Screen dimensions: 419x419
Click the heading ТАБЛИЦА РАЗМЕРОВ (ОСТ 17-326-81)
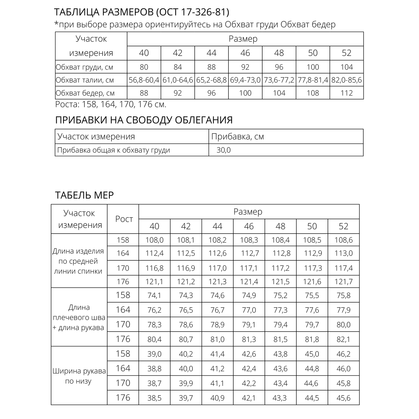pyautogui.click(x=142, y=12)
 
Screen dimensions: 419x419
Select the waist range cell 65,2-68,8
pyautogui.click(x=211, y=80)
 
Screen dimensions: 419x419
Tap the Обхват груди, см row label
pyautogui.click(x=84, y=67)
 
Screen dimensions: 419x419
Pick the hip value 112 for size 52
pyautogui.click(x=347, y=93)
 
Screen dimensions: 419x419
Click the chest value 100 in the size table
pyautogui.click(x=313, y=67)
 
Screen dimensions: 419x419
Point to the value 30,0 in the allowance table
pyautogui.click(x=223, y=150)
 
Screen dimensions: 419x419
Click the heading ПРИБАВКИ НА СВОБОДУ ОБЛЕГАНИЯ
pyautogui.click(x=144, y=120)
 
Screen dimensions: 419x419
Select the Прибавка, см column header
pyautogui.click(x=237, y=137)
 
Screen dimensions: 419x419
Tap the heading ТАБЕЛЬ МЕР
pyautogui.click(x=84, y=195)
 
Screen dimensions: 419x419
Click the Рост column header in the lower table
pyautogui.click(x=124, y=219)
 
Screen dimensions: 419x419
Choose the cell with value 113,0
pyautogui.click(x=344, y=253)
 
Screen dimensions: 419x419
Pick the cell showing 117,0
pyautogui.click(x=217, y=268)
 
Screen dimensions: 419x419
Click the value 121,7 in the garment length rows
pyautogui.click(x=344, y=282)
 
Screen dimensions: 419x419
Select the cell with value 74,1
pyautogui.click(x=154, y=296)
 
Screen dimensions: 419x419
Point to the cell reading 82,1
pyautogui.click(x=344, y=339)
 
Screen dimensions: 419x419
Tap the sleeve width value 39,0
pyautogui.click(x=154, y=354)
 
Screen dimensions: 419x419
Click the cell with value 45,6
pyautogui.click(x=344, y=398)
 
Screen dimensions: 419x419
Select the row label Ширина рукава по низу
pyautogui.click(x=79, y=376)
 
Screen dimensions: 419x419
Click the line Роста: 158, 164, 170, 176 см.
pyautogui.click(x=111, y=104)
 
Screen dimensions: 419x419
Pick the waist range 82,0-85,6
pyautogui.click(x=347, y=80)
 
